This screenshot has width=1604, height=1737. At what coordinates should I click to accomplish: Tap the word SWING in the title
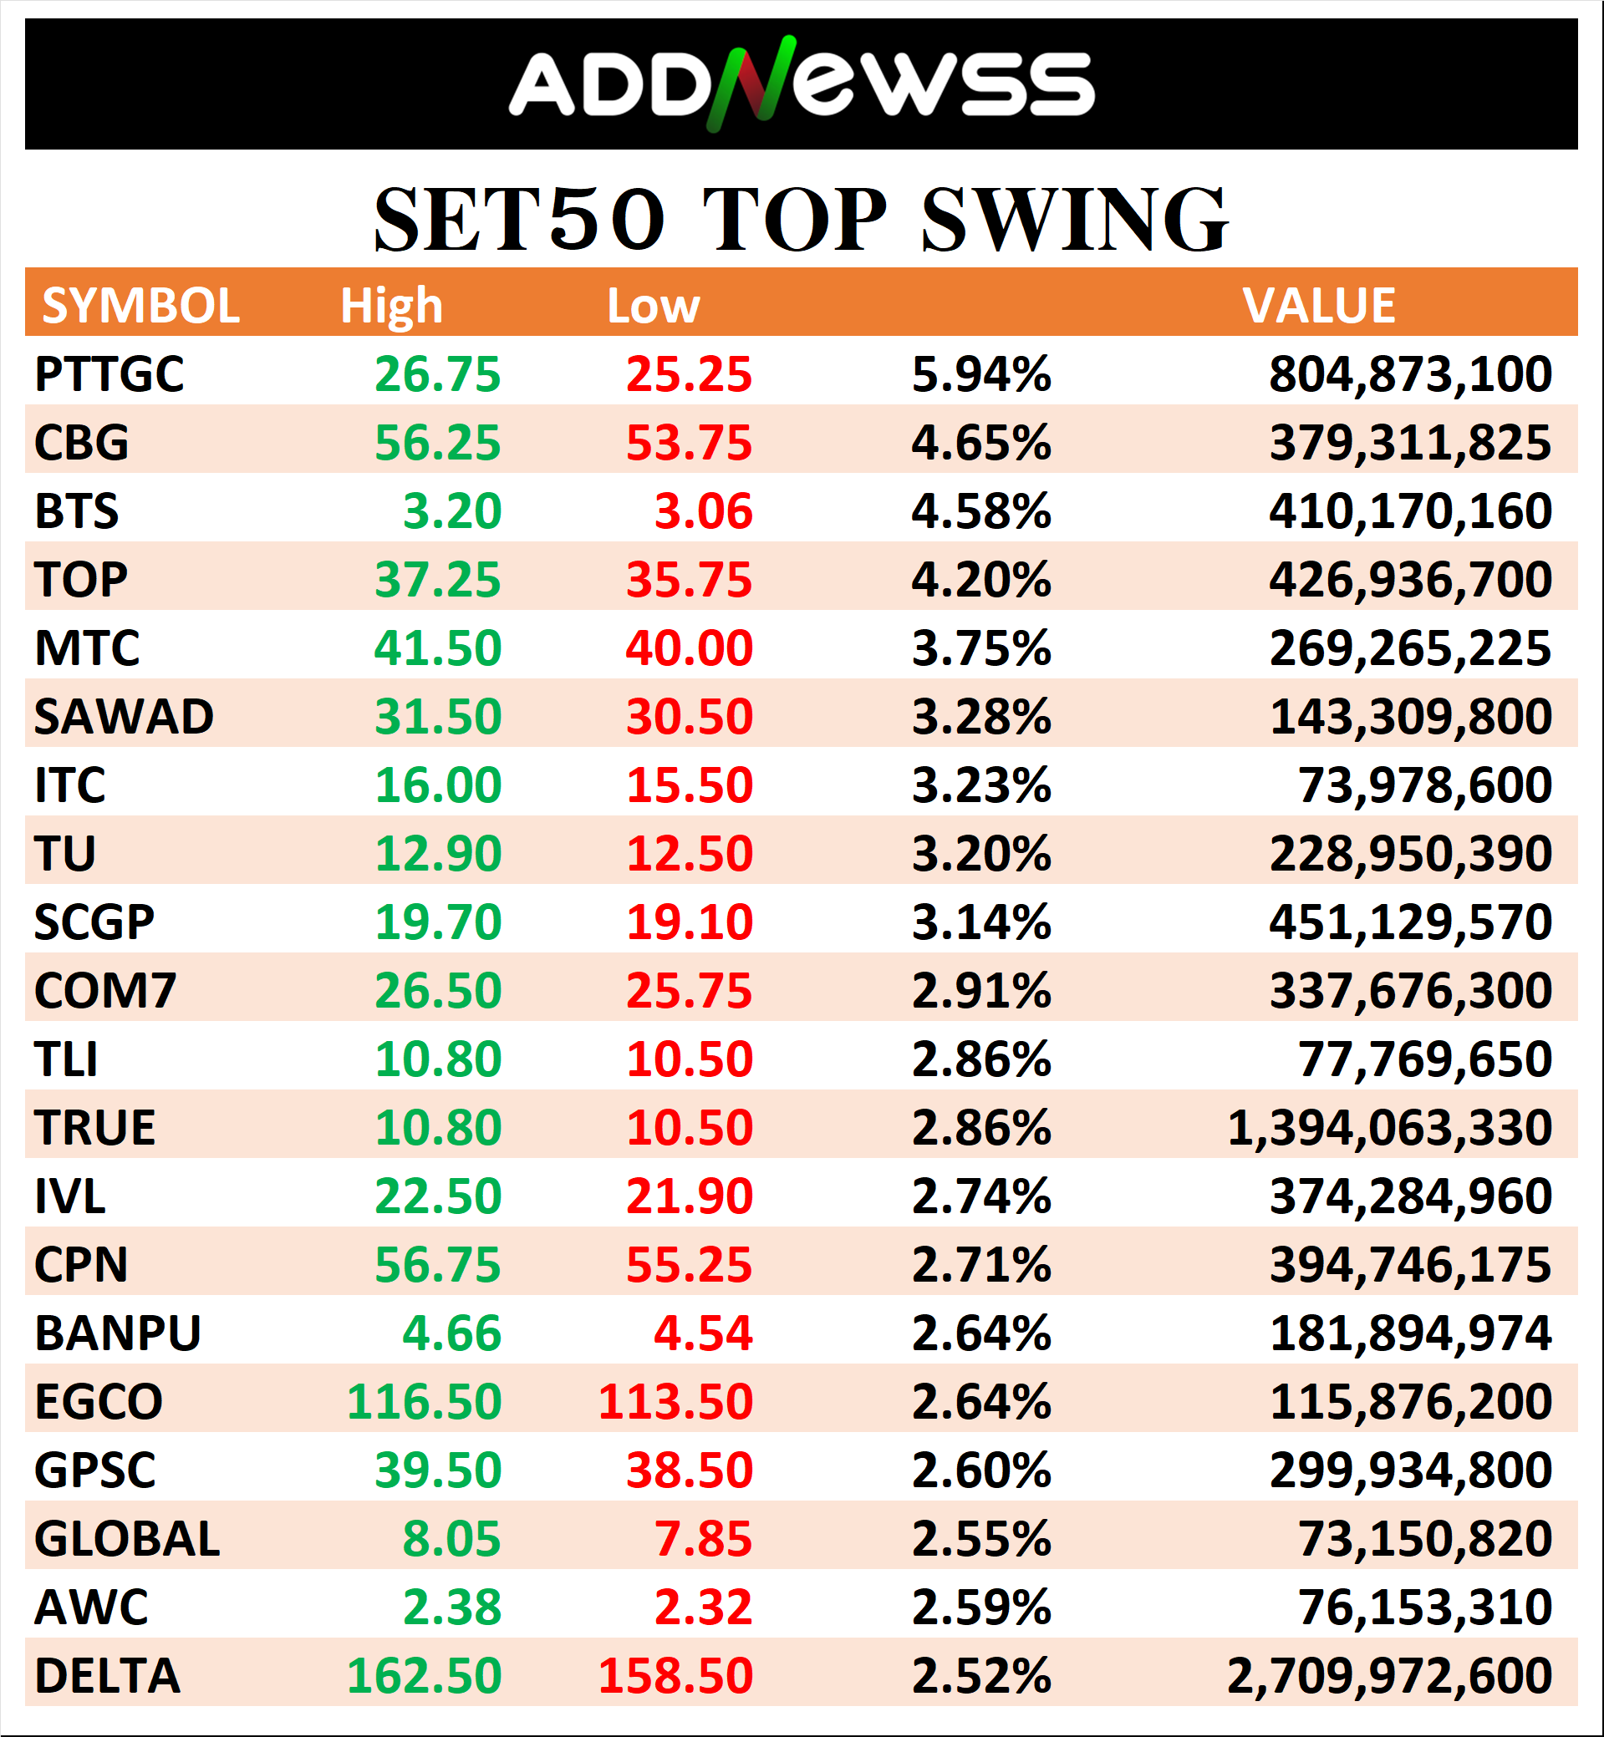coord(1074,221)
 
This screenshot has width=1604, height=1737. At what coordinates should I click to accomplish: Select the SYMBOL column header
coord(140,306)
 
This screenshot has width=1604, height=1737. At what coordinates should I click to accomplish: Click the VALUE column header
coord(1318,306)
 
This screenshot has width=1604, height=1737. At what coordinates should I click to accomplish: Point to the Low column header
coord(653,306)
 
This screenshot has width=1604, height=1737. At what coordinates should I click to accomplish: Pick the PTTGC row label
coord(109,375)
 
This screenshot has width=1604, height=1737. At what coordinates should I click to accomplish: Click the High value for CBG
coord(437,444)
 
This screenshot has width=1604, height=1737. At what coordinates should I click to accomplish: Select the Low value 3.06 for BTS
coord(703,511)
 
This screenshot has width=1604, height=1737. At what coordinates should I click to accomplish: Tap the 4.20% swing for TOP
coord(980,580)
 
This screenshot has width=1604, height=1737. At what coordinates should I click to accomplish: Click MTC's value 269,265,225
coord(1409,648)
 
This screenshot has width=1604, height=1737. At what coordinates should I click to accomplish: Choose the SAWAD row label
coord(124,717)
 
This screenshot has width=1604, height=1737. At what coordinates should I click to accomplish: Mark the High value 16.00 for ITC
coord(437,785)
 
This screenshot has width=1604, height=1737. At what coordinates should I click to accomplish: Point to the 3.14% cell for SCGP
coord(980,922)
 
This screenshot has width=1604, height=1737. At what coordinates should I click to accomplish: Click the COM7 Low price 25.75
coord(690,991)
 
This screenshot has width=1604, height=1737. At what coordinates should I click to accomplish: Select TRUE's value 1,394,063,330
coord(1388,1128)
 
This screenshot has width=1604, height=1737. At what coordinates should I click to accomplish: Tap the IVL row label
coord(69,1196)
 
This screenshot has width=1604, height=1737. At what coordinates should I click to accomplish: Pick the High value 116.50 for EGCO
coord(424,1402)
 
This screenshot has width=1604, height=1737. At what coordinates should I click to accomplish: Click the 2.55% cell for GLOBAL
coord(980,1539)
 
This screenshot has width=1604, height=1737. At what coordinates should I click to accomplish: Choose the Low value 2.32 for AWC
coord(703,1607)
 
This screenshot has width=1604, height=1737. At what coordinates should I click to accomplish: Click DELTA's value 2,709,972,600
coord(1388,1676)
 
